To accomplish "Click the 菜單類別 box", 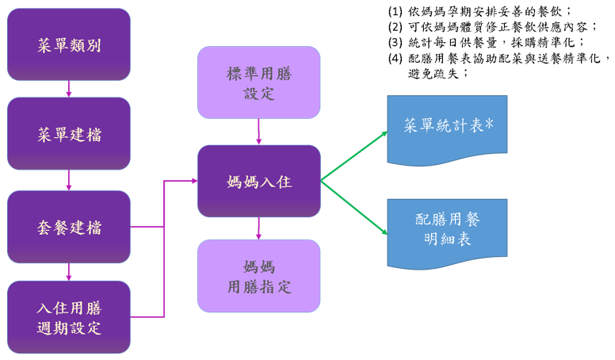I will tap(69, 44).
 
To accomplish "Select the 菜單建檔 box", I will tap(69, 134).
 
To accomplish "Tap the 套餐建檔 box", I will tap(69, 228).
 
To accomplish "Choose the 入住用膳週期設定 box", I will tap(69, 317).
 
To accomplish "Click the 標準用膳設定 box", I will tap(258, 82).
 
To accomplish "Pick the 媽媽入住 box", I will tap(258, 182).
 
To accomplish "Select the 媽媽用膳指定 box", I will tap(258, 276).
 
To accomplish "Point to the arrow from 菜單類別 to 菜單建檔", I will tap(69, 89).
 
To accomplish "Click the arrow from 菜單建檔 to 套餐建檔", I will tap(69, 181).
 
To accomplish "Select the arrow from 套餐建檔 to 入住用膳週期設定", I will tap(69, 272).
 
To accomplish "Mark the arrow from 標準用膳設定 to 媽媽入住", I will tap(258, 132).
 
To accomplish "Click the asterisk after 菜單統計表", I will tap(489, 124).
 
